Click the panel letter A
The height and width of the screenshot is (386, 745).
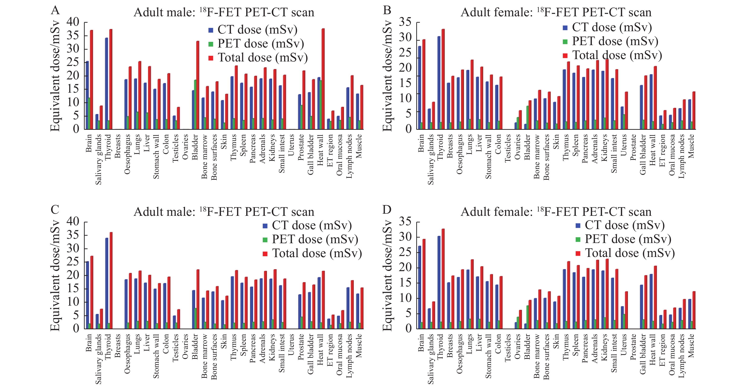55,10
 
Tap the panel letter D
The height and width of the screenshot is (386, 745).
387,209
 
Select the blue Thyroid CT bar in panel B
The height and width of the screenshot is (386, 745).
439,82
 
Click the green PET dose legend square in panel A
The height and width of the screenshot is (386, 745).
211,44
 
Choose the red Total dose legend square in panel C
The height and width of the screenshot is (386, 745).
265,254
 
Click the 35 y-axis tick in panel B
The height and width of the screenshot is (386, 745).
405,22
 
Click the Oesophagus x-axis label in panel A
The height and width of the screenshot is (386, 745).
127,154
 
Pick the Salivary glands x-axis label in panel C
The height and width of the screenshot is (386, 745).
98,359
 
